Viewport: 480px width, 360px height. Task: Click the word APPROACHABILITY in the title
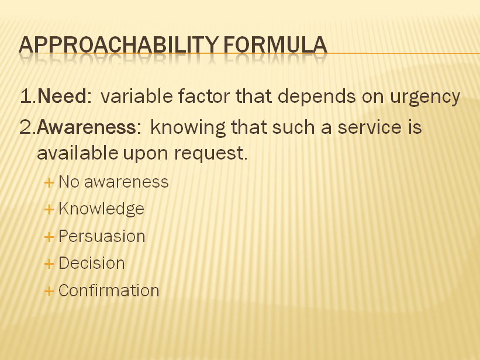coord(119,45)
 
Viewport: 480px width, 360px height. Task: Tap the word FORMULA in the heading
coord(275,45)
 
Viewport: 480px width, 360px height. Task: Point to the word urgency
coord(425,98)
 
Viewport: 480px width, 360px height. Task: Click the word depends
coord(316,97)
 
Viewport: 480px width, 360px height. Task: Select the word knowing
coord(188,128)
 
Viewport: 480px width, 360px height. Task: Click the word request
coord(210,154)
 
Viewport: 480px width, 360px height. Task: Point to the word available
coord(77,153)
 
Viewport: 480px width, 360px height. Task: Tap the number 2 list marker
coord(28,127)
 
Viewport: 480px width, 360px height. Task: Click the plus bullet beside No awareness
coord(49,183)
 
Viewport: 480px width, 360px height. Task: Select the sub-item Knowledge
coord(101,209)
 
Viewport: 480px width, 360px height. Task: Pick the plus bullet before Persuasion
coord(49,237)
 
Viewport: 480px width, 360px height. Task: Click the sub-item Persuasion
coord(102,236)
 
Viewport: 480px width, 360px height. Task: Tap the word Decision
coord(92,263)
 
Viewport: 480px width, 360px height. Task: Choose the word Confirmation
coord(109,290)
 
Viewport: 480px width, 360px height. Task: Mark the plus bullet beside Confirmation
coord(49,291)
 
